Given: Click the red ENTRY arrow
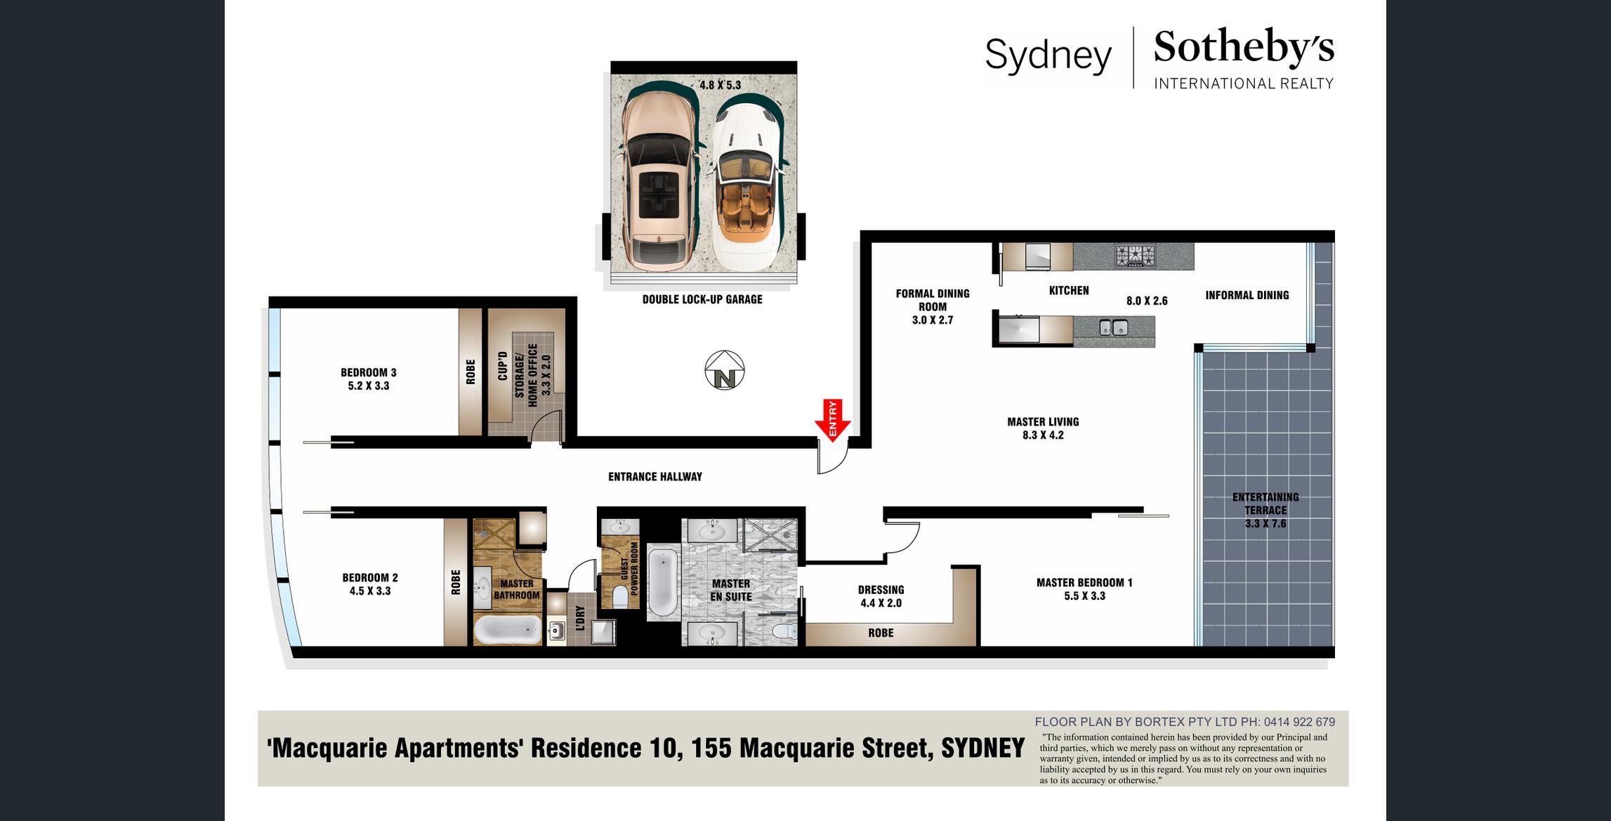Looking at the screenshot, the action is pyautogui.click(x=833, y=421).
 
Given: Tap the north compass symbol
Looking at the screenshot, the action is pyautogui.click(x=725, y=370).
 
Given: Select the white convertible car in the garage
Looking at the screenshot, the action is pyautogui.click(x=749, y=182).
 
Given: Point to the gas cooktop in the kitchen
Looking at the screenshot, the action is pyautogui.click(x=1136, y=256).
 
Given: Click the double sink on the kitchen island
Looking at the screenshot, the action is pyautogui.click(x=1113, y=327).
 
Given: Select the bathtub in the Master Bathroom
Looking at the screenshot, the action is pyautogui.click(x=507, y=630).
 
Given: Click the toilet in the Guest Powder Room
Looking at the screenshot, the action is pyautogui.click(x=620, y=596).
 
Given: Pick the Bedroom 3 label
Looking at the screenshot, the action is pyautogui.click(x=369, y=372).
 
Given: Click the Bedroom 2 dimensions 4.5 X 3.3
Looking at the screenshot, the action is pyautogui.click(x=370, y=591).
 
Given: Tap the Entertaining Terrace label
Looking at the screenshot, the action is pyautogui.click(x=1265, y=504).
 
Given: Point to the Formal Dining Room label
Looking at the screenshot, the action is pyautogui.click(x=933, y=300).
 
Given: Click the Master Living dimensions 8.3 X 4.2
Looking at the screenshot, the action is pyautogui.click(x=1043, y=435).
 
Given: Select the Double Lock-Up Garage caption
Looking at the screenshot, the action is pyautogui.click(x=702, y=299).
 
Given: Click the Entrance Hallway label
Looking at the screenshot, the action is pyautogui.click(x=655, y=477).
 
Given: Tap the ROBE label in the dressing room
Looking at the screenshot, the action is pyautogui.click(x=881, y=633).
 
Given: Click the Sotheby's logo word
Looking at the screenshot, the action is pyautogui.click(x=1244, y=48).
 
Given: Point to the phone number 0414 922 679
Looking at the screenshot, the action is pyautogui.click(x=1299, y=722).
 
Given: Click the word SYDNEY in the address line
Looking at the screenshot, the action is pyautogui.click(x=983, y=748).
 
